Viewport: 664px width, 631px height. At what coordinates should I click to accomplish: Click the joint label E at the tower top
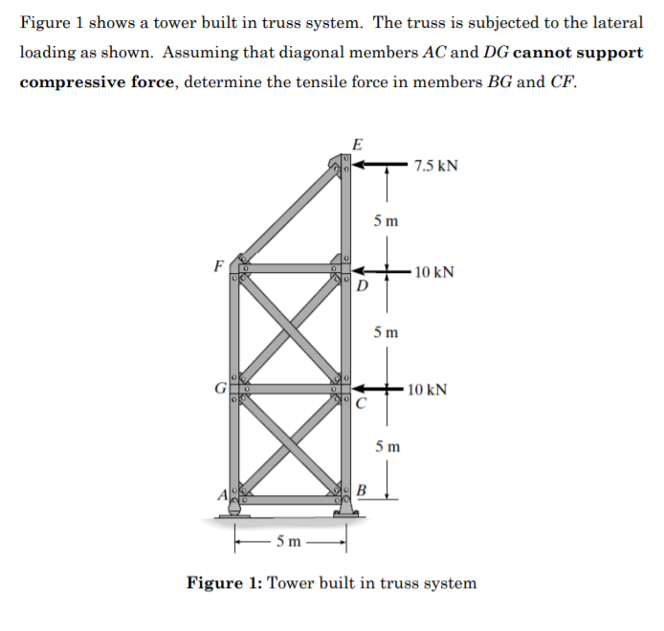coord(357,145)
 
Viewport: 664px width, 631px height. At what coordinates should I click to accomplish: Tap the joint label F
coord(219,265)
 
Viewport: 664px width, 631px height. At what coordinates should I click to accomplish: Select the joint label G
coord(219,389)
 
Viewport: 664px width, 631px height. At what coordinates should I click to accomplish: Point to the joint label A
coord(221,494)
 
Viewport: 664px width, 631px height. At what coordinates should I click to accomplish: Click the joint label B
coord(362,492)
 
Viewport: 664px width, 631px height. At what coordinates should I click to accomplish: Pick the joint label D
coord(361,285)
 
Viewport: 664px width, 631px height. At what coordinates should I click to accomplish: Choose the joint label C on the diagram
coord(361,403)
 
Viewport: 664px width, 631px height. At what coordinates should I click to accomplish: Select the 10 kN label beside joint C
coord(427,390)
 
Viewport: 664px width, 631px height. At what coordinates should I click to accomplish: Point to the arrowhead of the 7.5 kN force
coord(363,165)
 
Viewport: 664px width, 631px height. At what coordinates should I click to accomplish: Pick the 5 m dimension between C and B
coord(387,446)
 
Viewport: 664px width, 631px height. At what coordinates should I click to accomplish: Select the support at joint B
coord(345,512)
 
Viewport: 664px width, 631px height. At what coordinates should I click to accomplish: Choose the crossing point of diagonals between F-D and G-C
coord(291,328)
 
